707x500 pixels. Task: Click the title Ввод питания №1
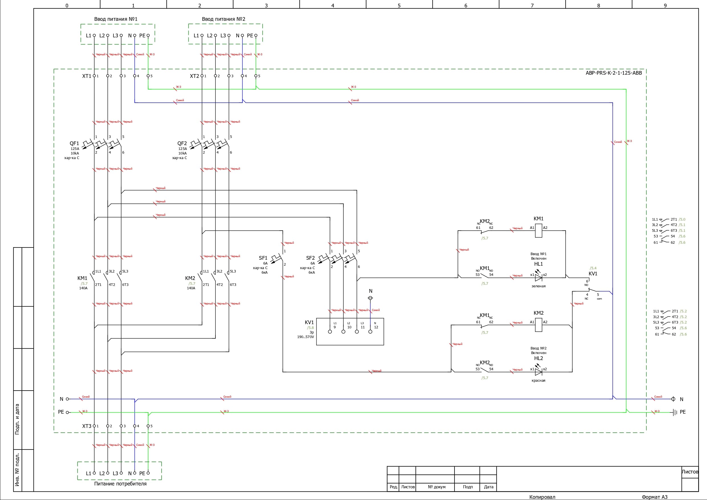pos(116,19)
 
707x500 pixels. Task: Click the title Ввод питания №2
pos(223,19)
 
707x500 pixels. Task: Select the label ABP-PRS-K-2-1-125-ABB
pos(614,73)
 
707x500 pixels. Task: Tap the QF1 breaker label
pos(74,143)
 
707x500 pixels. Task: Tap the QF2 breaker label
pos(182,143)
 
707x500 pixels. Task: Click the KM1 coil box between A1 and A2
pos(538,230)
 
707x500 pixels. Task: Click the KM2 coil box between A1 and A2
pos(538,325)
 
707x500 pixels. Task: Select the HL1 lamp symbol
pos(538,278)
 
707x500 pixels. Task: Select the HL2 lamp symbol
pos(538,372)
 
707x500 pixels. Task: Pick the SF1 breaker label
pos(263,258)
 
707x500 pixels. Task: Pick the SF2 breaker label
pos(310,258)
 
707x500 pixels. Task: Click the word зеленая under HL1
pos(538,286)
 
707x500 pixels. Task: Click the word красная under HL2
pos(538,381)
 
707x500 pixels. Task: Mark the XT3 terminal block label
pos(87,426)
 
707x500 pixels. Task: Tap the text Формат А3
pos(654,497)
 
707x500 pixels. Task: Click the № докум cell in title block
pos(436,487)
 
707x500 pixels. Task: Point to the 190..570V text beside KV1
pos(305,337)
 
